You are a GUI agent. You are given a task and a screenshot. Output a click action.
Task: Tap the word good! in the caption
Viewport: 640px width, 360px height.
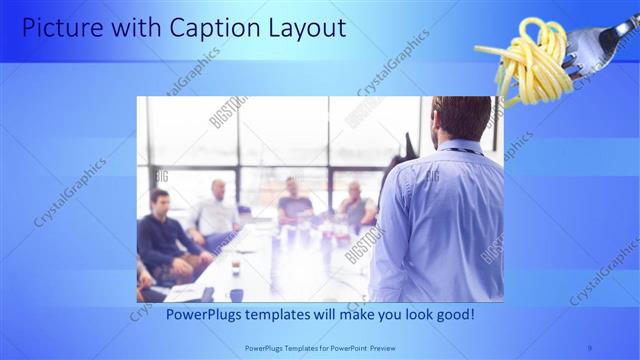tap(452, 314)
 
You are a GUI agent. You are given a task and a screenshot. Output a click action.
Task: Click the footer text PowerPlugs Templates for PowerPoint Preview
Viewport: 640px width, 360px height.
tap(320, 349)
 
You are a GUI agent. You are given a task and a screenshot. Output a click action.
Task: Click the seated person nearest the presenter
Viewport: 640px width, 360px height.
tap(355, 205)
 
